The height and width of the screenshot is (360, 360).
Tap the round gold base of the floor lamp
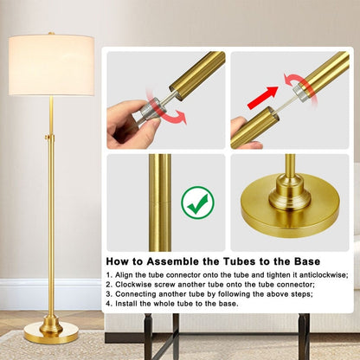[51, 331]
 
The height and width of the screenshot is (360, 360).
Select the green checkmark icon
[198, 204]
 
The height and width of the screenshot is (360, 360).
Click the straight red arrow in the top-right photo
[263, 97]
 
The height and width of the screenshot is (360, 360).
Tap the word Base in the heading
[303, 260]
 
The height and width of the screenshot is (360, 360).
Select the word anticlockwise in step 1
[319, 274]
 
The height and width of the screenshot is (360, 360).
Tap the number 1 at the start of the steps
[108, 274]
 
